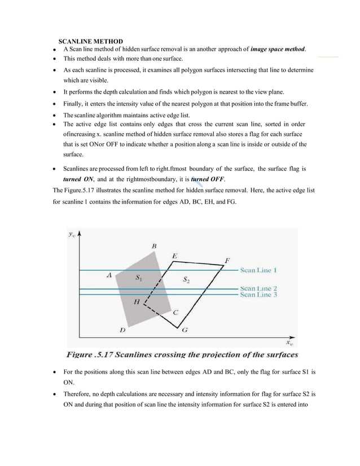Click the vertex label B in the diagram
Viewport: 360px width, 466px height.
click(x=154, y=246)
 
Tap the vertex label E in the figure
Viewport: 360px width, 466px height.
click(x=175, y=256)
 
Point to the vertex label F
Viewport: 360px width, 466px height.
click(x=227, y=260)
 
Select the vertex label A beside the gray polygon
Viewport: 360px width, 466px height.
click(x=109, y=275)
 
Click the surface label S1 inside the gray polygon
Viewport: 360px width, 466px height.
click(x=139, y=278)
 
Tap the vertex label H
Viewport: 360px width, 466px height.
click(x=137, y=302)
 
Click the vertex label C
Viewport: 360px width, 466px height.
click(x=175, y=312)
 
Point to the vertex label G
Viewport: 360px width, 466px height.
click(x=185, y=330)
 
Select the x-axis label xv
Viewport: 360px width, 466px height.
click(x=288, y=342)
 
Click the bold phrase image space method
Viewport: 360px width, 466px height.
click(x=269, y=50)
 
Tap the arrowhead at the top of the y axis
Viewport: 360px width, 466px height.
click(x=82, y=233)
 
